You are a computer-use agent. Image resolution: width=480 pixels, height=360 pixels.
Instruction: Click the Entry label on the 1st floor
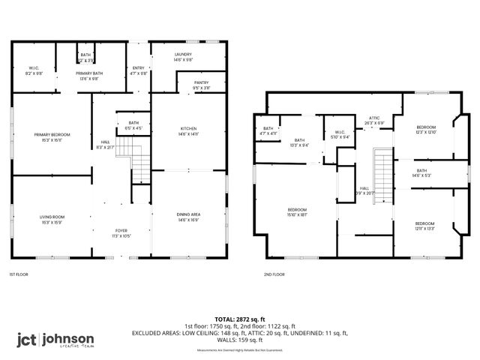pyautogui.click(x=138, y=70)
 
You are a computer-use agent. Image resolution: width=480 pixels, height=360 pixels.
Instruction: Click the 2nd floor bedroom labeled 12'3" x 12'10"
pyautogui.click(x=426, y=130)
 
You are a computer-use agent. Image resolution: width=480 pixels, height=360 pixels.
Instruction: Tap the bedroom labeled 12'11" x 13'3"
pyautogui.click(x=425, y=226)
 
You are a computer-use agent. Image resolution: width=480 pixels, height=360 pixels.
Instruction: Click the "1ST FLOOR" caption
pyautogui.click(x=19, y=274)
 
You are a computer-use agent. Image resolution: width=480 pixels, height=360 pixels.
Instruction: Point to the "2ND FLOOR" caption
pyautogui.click(x=274, y=274)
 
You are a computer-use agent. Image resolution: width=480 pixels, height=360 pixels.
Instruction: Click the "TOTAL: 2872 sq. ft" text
pyautogui.click(x=239, y=319)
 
